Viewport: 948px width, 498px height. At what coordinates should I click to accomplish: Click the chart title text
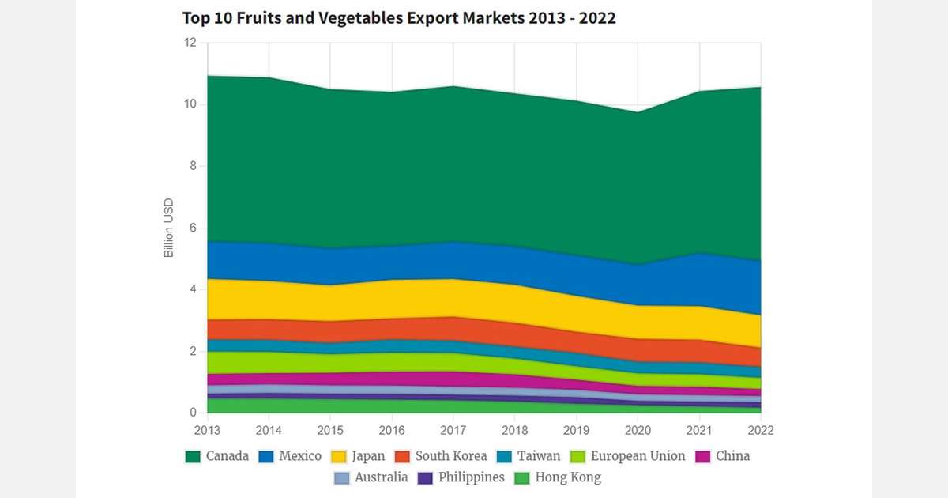[x=399, y=18]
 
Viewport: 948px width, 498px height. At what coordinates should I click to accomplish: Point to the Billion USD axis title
[x=168, y=228]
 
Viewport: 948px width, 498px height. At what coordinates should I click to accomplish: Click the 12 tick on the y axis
[x=190, y=43]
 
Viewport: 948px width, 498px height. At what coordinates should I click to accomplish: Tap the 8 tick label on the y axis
[x=192, y=166]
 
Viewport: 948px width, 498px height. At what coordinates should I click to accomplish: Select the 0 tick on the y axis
[x=192, y=413]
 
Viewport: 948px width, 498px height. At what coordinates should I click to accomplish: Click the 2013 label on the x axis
[x=208, y=431]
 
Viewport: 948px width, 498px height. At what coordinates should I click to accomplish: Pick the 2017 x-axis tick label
[x=453, y=431]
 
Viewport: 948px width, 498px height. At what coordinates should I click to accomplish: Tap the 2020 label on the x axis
[x=638, y=431]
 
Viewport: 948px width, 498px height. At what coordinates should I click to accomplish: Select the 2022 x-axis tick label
[x=760, y=431]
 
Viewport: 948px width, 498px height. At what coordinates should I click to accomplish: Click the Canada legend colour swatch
[x=192, y=456]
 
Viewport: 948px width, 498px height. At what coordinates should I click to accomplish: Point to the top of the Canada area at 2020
[x=638, y=112]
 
